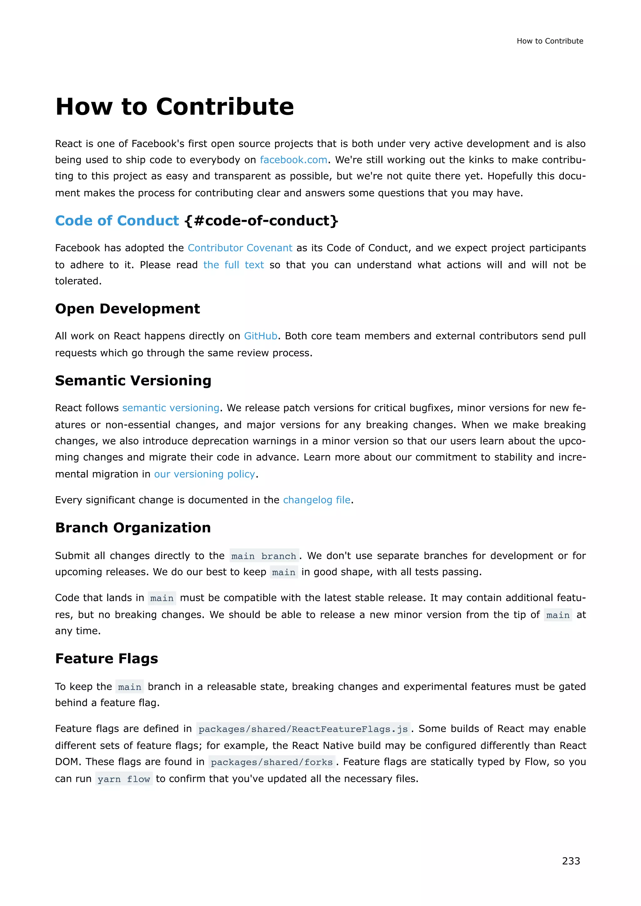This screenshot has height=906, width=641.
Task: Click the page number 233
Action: point(571,861)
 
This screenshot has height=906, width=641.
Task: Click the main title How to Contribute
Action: point(174,107)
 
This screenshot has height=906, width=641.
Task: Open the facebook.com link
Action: point(293,160)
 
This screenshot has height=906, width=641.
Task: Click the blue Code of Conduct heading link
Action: point(117,221)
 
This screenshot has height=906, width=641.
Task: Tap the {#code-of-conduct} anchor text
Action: point(261,221)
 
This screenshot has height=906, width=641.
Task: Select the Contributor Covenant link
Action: point(240,248)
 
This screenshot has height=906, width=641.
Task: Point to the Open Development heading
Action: point(127,308)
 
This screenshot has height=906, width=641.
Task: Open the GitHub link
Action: point(260,336)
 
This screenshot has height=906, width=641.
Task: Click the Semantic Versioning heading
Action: point(133,380)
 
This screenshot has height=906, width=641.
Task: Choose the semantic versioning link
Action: point(171,408)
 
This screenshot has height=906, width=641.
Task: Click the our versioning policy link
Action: point(204,474)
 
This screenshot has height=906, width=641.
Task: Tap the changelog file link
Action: point(316,500)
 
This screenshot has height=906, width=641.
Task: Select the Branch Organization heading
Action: point(133,527)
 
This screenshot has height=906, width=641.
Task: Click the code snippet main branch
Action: point(264,556)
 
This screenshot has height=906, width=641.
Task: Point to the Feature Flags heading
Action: point(106,659)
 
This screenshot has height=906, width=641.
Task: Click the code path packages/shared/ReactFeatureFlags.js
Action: point(303,729)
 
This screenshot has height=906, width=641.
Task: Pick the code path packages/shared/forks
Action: point(272,762)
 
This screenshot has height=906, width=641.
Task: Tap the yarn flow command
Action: point(124,779)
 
